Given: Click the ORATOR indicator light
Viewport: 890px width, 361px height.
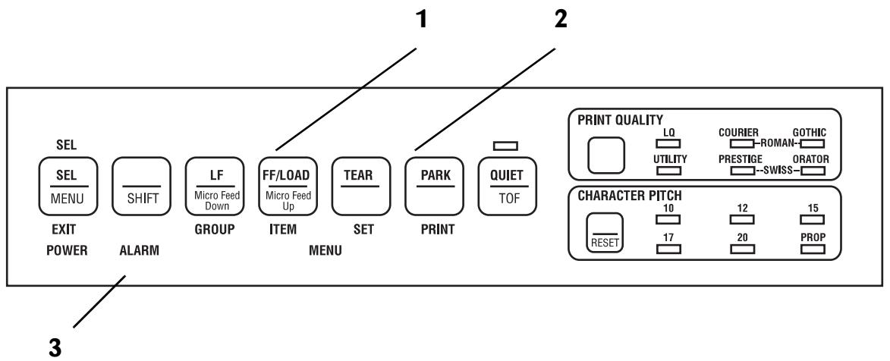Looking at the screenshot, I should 810,171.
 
